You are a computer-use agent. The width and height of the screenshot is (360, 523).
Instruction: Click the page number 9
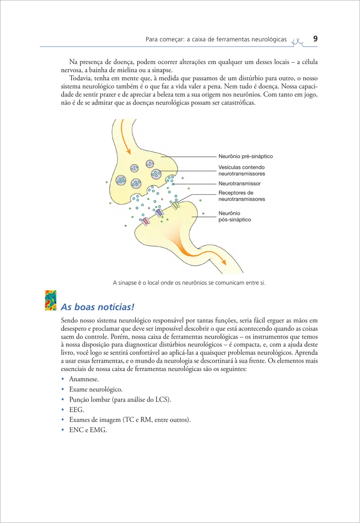[x=315, y=39]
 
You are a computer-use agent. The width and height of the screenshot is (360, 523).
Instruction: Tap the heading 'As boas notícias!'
[x=97, y=306]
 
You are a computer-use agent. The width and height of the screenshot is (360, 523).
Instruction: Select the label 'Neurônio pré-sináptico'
[x=245, y=156]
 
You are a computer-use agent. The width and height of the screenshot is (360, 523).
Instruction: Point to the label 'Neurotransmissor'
[x=239, y=184]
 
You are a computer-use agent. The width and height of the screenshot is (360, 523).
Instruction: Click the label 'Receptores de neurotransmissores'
[x=241, y=196]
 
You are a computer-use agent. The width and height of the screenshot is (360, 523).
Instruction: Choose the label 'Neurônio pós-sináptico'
[x=234, y=217]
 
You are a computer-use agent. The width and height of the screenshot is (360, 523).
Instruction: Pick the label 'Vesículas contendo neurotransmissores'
[x=241, y=170]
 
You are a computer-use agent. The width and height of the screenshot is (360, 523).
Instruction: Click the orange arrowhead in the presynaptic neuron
[x=129, y=151]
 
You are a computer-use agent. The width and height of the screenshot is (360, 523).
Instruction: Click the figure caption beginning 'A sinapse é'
[x=189, y=283]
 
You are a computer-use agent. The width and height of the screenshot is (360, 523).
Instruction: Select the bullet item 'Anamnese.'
[x=81, y=379]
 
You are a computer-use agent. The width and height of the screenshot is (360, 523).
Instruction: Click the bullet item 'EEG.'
[x=76, y=410]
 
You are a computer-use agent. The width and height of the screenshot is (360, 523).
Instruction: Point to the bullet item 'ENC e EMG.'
[x=88, y=430]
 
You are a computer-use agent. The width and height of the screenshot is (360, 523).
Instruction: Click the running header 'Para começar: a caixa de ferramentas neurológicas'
[x=216, y=40]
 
